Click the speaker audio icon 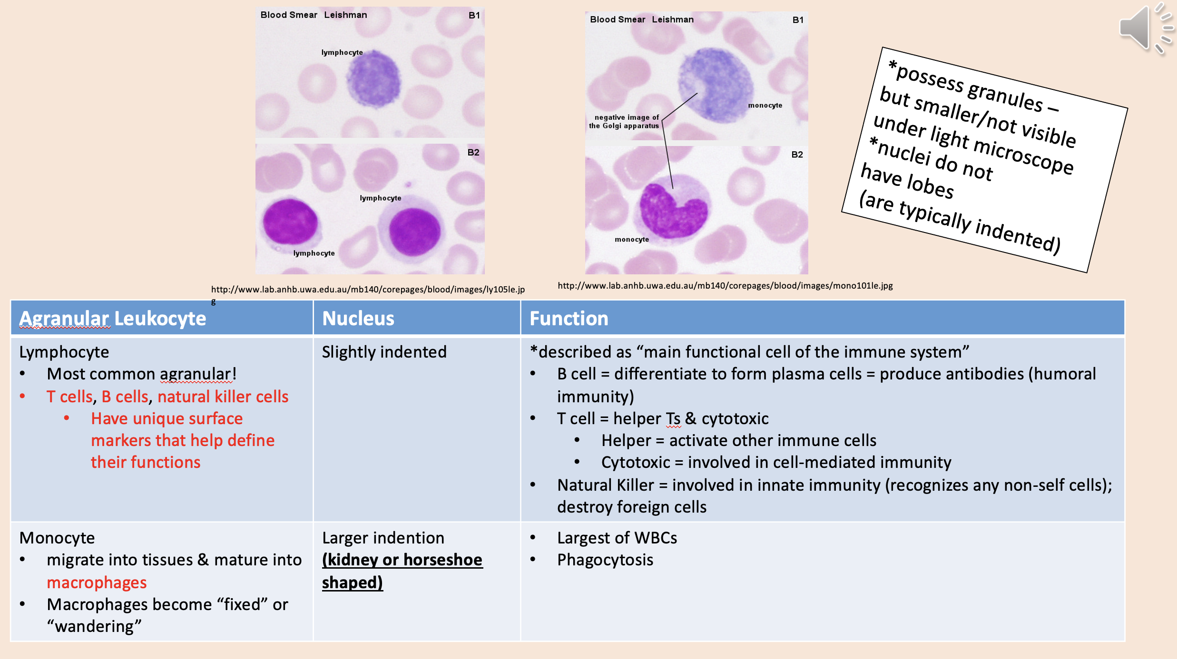pyautogui.click(x=1144, y=28)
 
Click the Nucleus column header pyautogui.click(x=358, y=318)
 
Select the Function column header pyautogui.click(x=569, y=318)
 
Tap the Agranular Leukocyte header pyautogui.click(x=113, y=318)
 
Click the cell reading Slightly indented pyautogui.click(x=384, y=352)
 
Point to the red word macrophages pyautogui.click(x=97, y=582)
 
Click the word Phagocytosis pyautogui.click(x=605, y=560)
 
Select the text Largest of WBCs pyautogui.click(x=617, y=538)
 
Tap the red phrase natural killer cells pyautogui.click(x=223, y=397)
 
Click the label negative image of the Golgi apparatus pyautogui.click(x=624, y=122)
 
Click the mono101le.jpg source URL pyautogui.click(x=725, y=286)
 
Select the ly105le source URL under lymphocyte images pyautogui.click(x=368, y=290)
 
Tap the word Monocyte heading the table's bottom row pyautogui.click(x=57, y=538)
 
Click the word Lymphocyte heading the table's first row pyautogui.click(x=64, y=352)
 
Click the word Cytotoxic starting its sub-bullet pyautogui.click(x=635, y=462)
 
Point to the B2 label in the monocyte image pyautogui.click(x=797, y=155)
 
